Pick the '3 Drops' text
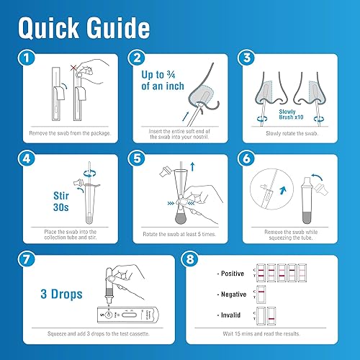60,295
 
